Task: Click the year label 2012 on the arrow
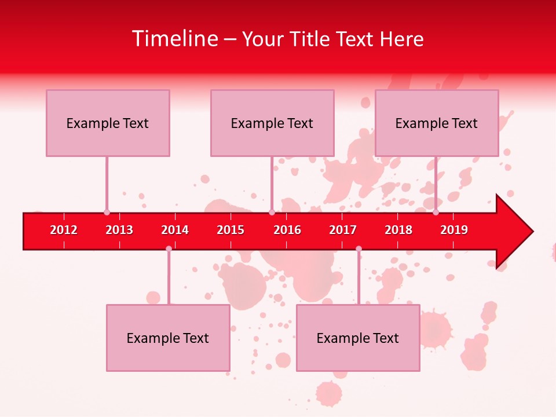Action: click(64, 230)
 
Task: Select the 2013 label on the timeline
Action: click(119, 230)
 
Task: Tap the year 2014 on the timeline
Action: click(175, 230)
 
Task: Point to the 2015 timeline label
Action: click(231, 230)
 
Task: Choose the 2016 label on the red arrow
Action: click(287, 230)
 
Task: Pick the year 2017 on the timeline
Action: click(343, 230)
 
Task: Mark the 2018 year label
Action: click(398, 230)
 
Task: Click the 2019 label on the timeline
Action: click(454, 230)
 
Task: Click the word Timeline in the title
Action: click(174, 39)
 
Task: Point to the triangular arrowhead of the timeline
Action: click(513, 232)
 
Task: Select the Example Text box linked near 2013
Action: click(108, 123)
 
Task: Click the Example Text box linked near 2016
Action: click(272, 123)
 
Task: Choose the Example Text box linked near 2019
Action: click(437, 123)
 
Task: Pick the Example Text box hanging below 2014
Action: click(168, 338)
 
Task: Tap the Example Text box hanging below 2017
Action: click(358, 338)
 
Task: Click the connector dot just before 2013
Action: click(107, 213)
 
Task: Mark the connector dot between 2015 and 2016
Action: click(272, 213)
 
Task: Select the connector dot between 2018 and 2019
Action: click(436, 213)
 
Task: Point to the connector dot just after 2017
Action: click(359, 249)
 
